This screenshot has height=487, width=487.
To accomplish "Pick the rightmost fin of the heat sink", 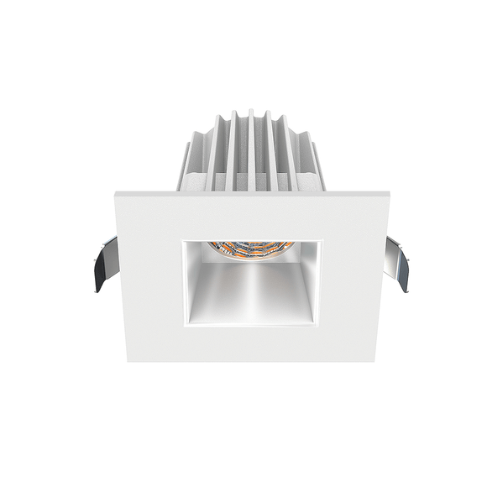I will pyautogui.click(x=318, y=167).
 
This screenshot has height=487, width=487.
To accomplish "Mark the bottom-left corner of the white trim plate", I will pyautogui.click(x=128, y=361).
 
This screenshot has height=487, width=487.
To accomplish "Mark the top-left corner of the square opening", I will pyautogui.click(x=183, y=240).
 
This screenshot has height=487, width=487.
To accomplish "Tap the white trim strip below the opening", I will pyautogui.click(x=252, y=343).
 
